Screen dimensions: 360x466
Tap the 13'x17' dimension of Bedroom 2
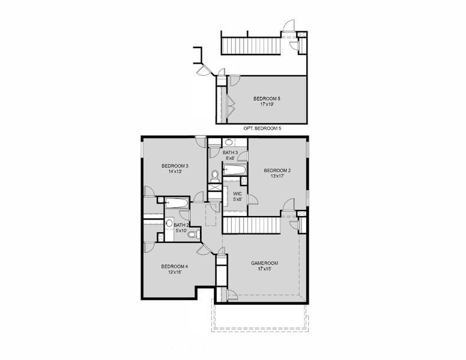[276, 176]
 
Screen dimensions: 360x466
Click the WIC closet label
[237, 194]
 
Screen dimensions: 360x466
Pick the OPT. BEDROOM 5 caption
[262, 128]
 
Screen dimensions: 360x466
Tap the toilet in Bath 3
[214, 176]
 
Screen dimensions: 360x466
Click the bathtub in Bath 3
[235, 170]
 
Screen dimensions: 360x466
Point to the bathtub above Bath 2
[177, 203]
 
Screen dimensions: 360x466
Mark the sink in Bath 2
[169, 224]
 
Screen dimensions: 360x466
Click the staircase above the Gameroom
[252, 226]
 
